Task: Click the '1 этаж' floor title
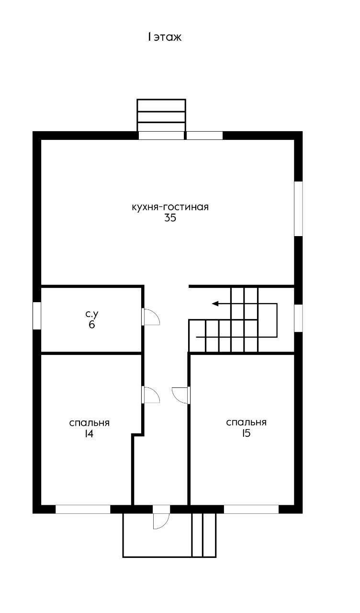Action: tap(165, 37)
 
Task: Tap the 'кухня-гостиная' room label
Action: tap(170, 207)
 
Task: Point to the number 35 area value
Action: tap(170, 218)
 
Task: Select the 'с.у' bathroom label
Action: tap(91, 314)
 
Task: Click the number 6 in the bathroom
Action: tap(91, 325)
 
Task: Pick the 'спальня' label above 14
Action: tap(89, 423)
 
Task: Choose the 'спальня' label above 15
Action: tap(246, 422)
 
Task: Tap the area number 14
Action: tap(89, 434)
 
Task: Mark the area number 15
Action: tap(246, 433)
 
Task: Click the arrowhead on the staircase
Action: tap(215, 304)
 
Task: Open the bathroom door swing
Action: tap(151, 317)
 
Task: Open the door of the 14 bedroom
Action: tap(151, 395)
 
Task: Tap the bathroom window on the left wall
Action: tap(37, 316)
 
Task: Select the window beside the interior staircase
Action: tap(298, 318)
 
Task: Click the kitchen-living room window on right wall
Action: tap(298, 208)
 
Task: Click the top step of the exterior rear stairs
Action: tap(161, 105)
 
